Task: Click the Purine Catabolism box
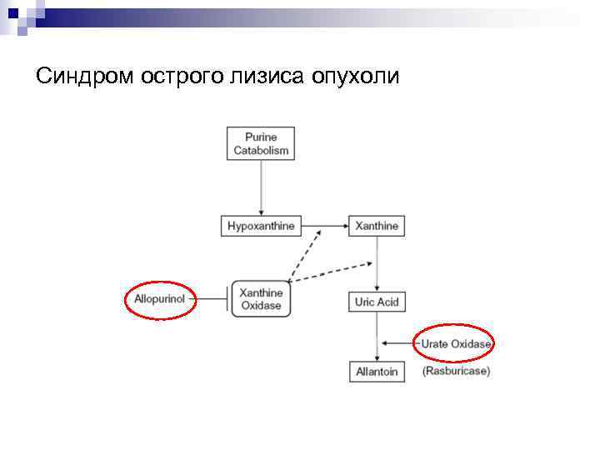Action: pyautogui.click(x=261, y=143)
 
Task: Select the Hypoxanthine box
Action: pyautogui.click(x=261, y=226)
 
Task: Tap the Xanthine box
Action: pyautogui.click(x=377, y=226)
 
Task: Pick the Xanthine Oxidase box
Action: pyautogui.click(x=261, y=299)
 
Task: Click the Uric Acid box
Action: pyautogui.click(x=377, y=302)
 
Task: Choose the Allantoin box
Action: pyautogui.click(x=377, y=372)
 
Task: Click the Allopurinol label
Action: pyautogui.click(x=159, y=297)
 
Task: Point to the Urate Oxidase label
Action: pyautogui.click(x=455, y=343)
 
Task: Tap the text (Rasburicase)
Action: pyautogui.click(x=456, y=371)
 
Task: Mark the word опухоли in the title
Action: pyautogui.click(x=357, y=77)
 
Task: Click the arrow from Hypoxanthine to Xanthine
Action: pyautogui.click(x=322, y=226)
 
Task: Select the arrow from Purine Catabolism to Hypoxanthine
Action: pyautogui.click(x=261, y=187)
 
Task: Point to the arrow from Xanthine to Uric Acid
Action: pyautogui.click(x=377, y=262)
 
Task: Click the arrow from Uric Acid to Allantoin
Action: pyautogui.click(x=377, y=337)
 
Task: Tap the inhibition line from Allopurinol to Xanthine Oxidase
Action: pyautogui.click(x=212, y=297)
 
